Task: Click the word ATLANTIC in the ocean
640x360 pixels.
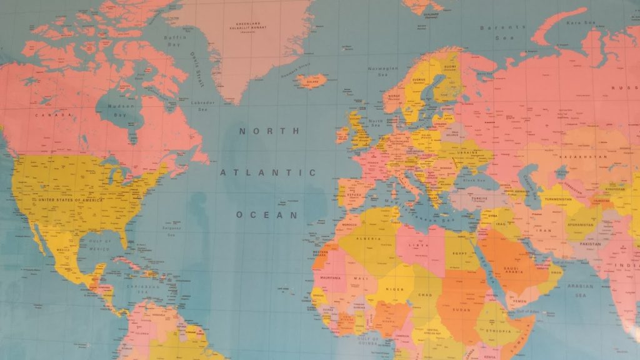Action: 268,172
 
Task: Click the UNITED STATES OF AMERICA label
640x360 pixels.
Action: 71,199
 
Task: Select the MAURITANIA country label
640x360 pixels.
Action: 331,277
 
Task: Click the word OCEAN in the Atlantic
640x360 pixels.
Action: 267,214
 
